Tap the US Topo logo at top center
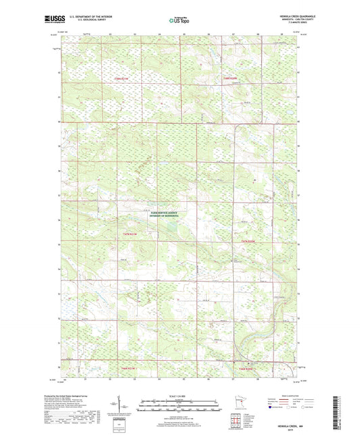coord(180,20)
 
